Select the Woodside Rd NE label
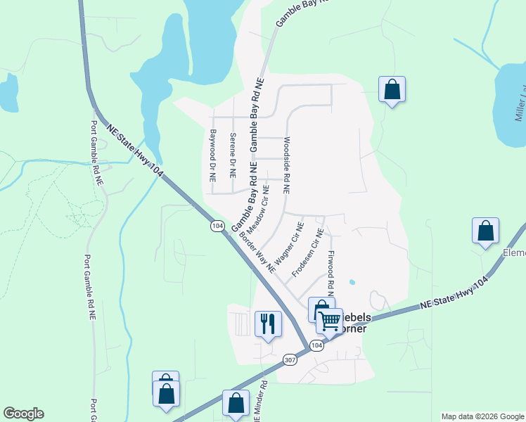pos(286,166)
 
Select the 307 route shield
pos(290,359)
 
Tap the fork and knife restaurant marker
pos(268,324)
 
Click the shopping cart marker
pos(329,321)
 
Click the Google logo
pos(23,414)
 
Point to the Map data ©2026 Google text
pos(482,416)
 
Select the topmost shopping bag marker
pos(392,89)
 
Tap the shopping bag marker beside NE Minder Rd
pos(236,404)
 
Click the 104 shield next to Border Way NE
pos(218,226)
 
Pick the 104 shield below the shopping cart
pos(316,345)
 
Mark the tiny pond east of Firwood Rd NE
pos(352,283)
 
